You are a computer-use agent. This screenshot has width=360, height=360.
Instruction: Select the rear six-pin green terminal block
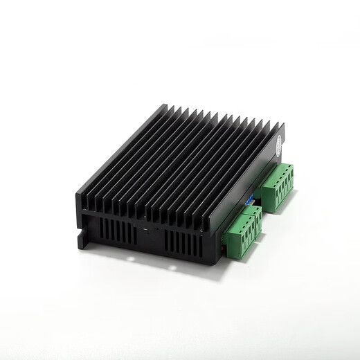coord(278,181)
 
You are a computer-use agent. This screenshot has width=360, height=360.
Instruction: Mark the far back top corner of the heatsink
coord(166,105)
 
